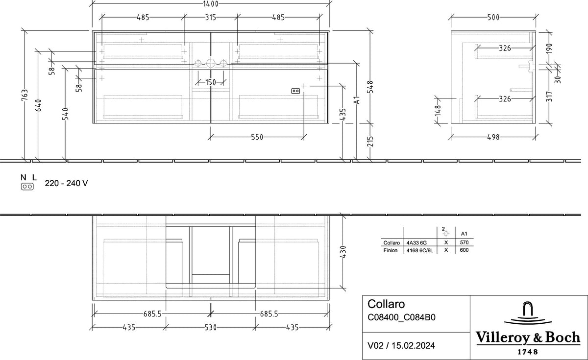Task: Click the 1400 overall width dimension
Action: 211,4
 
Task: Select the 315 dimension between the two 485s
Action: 211,17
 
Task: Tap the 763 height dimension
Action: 24,95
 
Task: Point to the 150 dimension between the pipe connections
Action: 211,82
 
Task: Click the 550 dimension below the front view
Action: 257,137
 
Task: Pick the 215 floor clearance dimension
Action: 370,141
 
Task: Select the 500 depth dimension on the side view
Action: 493,17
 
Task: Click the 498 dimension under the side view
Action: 493,137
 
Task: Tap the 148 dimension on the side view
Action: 438,111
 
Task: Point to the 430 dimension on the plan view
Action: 343,252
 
